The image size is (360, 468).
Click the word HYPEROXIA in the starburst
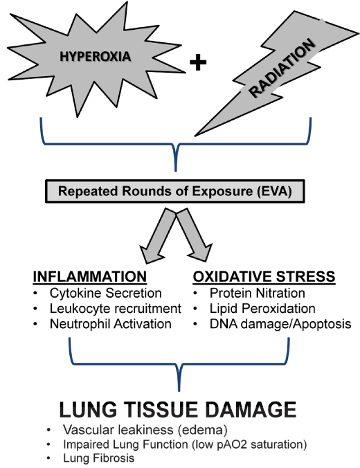(96, 56)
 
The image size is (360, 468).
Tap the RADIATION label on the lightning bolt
(282, 69)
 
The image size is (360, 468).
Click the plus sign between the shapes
(198, 62)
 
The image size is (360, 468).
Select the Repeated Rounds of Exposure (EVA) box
(175, 191)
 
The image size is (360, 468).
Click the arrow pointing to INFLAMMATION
(158, 235)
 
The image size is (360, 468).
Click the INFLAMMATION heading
(90, 276)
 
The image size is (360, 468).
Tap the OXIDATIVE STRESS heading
(264, 276)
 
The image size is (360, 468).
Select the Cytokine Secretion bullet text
(106, 293)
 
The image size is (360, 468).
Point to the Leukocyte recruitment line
(116, 309)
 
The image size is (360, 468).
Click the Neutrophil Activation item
(111, 324)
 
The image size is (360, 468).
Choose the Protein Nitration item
(258, 293)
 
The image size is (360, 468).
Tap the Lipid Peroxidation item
(262, 309)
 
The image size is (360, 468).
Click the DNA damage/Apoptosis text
(280, 324)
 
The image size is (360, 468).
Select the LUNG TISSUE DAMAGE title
(178, 410)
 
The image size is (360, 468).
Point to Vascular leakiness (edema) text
(145, 430)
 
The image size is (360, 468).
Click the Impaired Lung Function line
(185, 444)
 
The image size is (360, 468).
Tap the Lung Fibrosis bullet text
(99, 458)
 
